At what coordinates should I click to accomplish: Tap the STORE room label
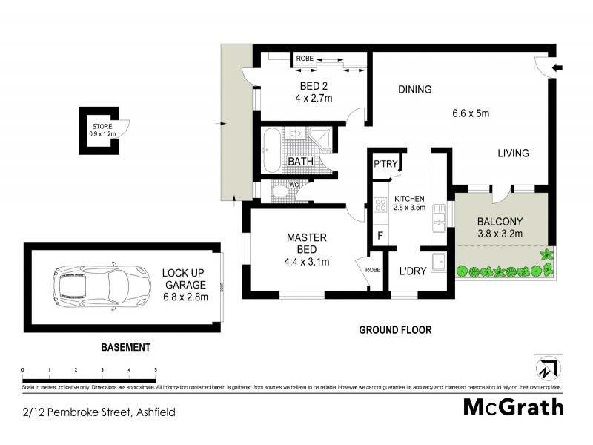coord(102,128)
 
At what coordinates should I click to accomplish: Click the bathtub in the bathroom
coord(269,151)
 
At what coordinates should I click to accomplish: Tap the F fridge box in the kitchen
coord(380,236)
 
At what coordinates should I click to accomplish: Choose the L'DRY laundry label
coord(413,271)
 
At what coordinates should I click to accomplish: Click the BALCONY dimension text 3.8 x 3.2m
coord(500,234)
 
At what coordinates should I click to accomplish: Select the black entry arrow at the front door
coord(559,68)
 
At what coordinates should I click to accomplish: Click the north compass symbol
coord(546,369)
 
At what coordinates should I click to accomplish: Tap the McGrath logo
coord(513,406)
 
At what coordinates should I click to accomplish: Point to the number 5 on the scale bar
coord(156,369)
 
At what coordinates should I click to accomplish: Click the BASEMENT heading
coord(125,347)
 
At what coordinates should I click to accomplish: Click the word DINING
coord(414,90)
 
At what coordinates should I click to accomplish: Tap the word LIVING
coord(513,154)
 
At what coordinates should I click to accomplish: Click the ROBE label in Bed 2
coord(304,58)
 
